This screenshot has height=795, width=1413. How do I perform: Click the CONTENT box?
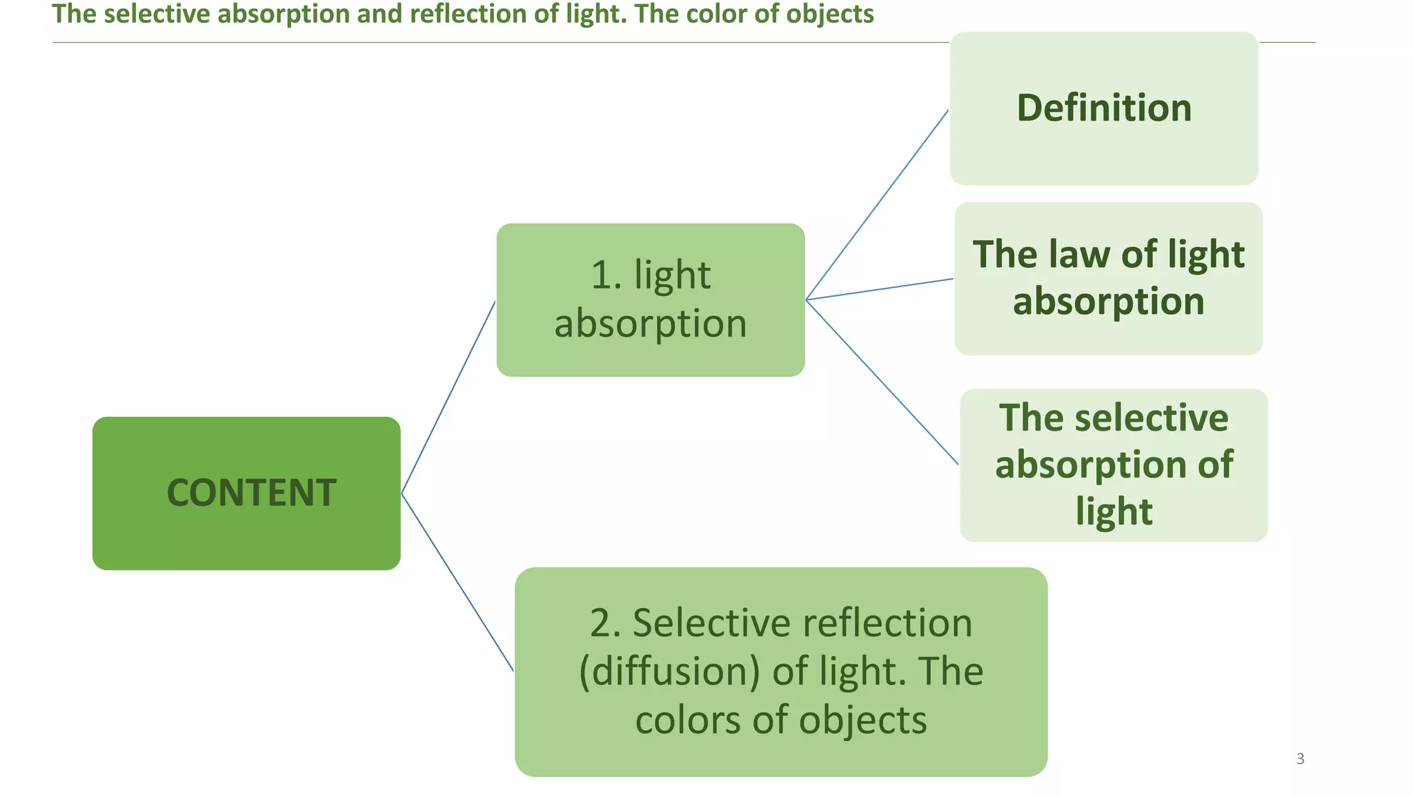246,493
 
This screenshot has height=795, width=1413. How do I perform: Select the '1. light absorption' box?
650,300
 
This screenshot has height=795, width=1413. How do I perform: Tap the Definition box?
1104,108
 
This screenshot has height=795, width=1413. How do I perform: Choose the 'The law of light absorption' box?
1108,278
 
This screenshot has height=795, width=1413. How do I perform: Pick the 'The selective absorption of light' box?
1114,464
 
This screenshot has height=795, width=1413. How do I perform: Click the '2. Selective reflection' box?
780,671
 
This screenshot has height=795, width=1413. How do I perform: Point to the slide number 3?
1300,758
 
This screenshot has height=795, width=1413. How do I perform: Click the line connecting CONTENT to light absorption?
448,397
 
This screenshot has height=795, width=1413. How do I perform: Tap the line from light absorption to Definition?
878,204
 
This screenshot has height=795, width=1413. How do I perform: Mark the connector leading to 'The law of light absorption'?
880,289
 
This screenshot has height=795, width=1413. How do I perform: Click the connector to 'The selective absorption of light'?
882,382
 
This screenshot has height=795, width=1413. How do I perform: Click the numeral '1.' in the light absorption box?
607,275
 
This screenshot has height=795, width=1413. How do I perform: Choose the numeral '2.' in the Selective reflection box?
606,623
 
